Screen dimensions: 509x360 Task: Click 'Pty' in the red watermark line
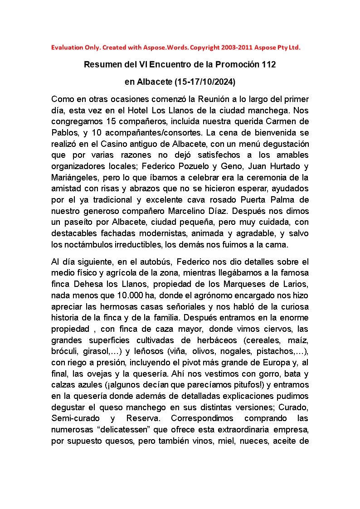click(284, 47)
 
